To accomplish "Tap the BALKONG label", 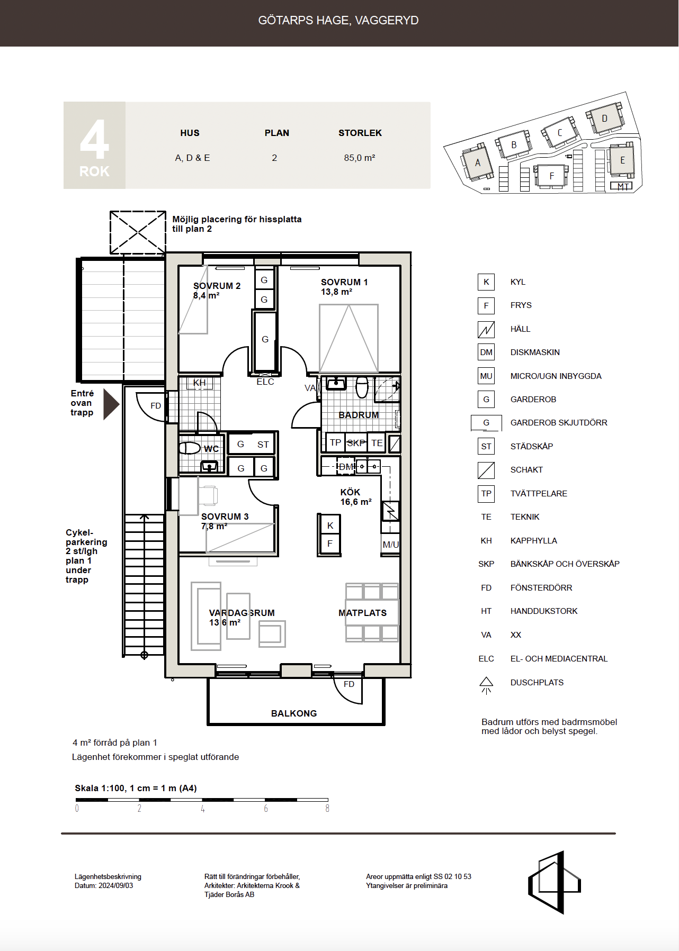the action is (x=294, y=713).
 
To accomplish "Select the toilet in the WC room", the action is (x=189, y=448).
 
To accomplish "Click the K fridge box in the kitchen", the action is (x=330, y=526).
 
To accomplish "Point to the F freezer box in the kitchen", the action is (x=330, y=544).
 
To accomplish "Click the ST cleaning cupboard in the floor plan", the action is (x=263, y=445).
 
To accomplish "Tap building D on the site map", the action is (x=604, y=118).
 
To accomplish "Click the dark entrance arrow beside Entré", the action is (x=111, y=404).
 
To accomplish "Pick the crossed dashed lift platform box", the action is (x=138, y=232).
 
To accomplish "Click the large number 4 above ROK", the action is (x=94, y=139).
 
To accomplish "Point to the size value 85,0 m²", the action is (x=360, y=158).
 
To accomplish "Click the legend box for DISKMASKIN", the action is (x=486, y=352).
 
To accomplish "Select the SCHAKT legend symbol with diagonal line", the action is (x=486, y=470).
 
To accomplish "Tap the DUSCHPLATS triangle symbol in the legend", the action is (x=486, y=685).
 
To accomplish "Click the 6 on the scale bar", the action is (x=266, y=809).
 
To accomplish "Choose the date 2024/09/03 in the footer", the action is (x=116, y=885).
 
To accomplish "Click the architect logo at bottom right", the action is (x=554, y=882).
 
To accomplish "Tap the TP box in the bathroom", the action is (x=335, y=442).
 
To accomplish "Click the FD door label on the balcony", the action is (x=349, y=684).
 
